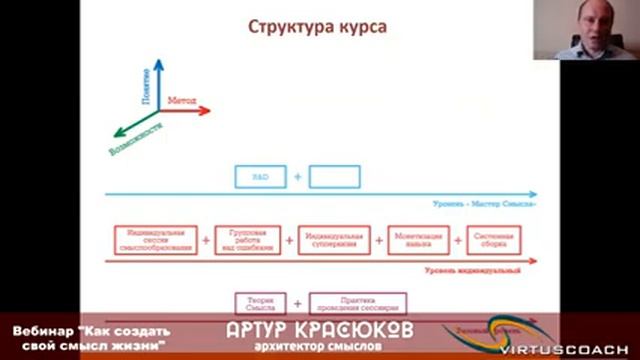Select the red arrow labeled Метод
click(185, 110)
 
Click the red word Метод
click(182, 102)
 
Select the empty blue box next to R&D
click(334, 177)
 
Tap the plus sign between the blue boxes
click(297, 177)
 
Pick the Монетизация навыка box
click(413, 240)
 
